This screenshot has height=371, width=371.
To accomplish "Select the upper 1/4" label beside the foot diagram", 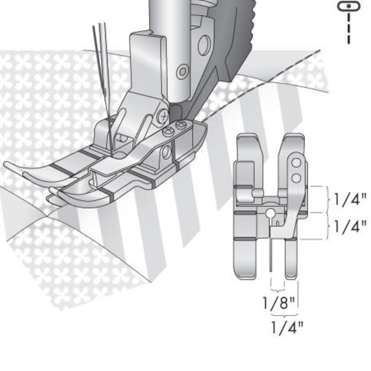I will tap(350, 200).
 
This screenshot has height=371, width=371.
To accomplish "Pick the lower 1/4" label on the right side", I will tap(350, 227).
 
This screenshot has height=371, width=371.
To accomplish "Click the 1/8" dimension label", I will tap(279, 303).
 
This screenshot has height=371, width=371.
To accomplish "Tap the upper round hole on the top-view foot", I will tap(296, 164).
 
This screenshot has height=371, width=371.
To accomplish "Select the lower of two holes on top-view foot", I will tap(296, 178).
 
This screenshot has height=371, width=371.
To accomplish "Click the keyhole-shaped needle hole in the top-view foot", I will tap(269, 215).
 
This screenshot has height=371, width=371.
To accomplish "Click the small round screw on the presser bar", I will tap(182, 72).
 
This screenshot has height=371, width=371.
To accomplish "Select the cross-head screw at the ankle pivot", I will tap(163, 115).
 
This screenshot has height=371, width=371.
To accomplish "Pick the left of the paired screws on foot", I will tap(169, 131).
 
